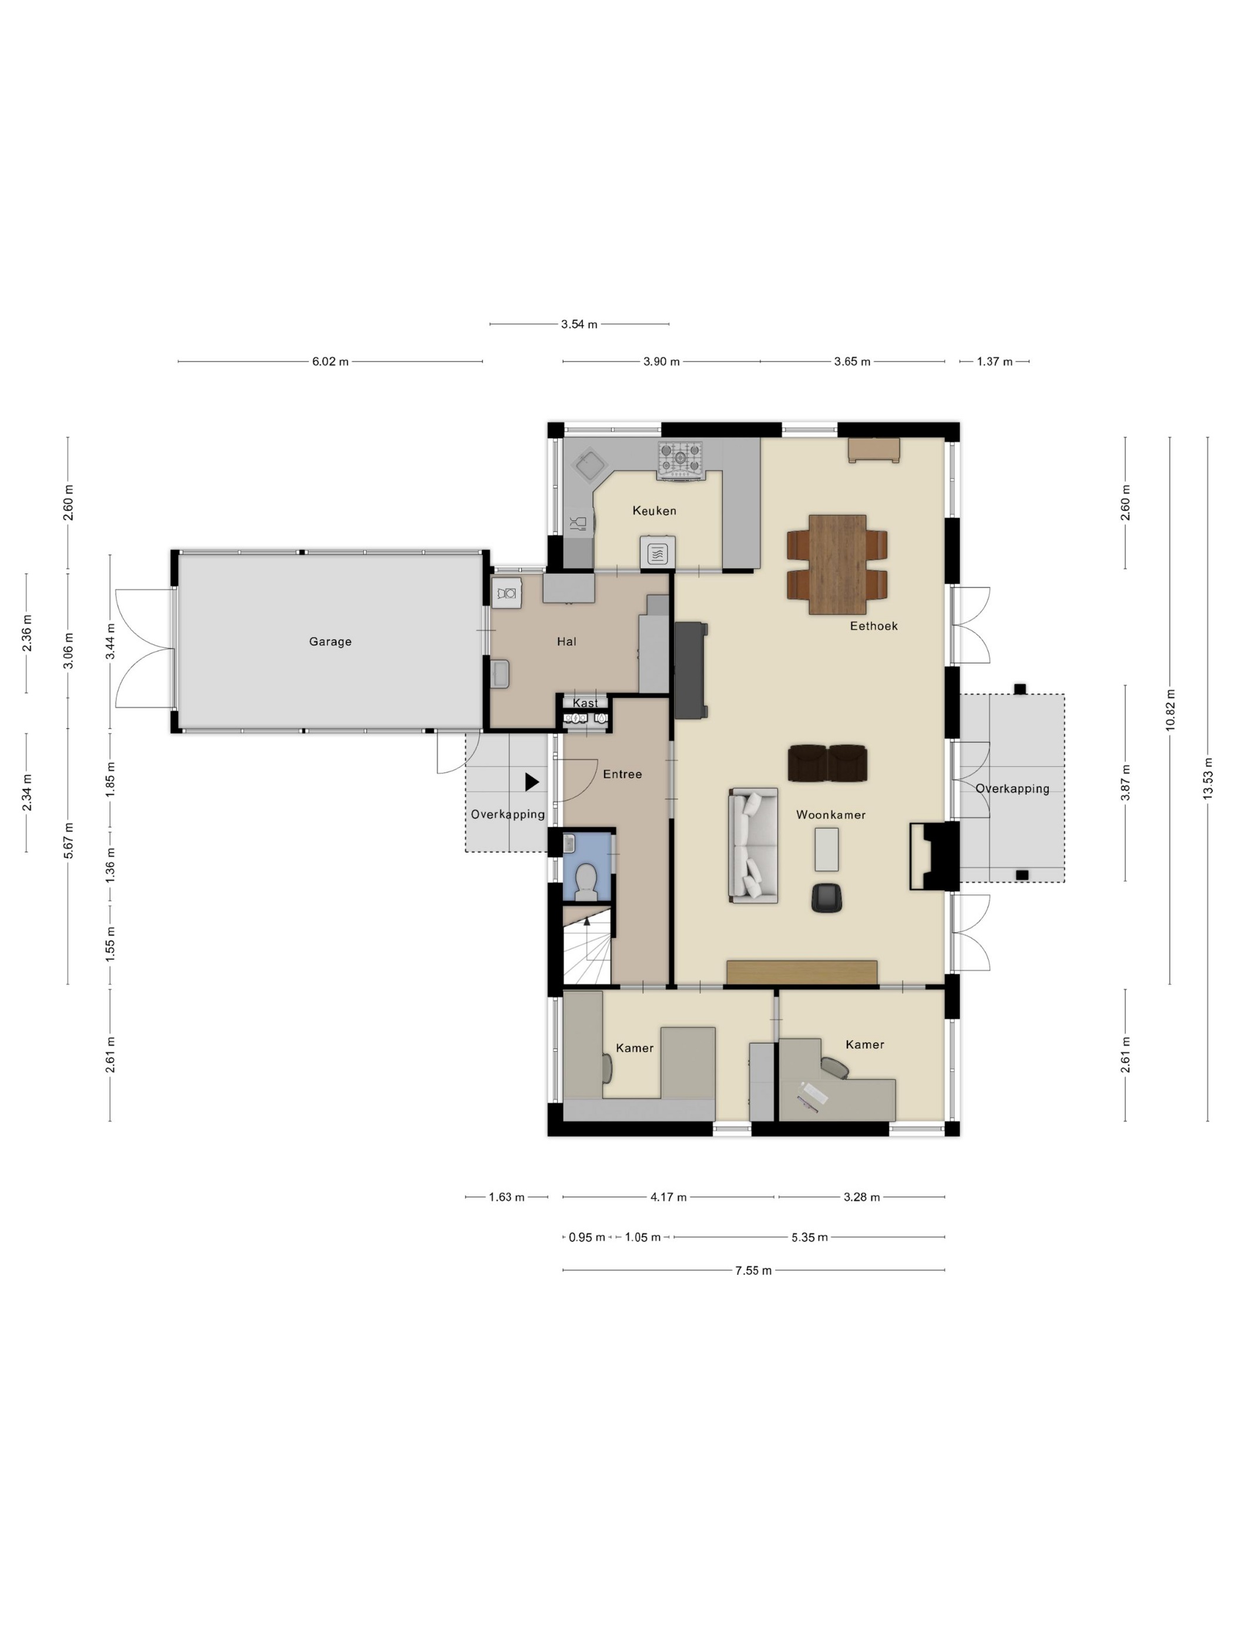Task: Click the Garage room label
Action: tap(330, 642)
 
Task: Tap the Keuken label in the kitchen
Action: tap(655, 511)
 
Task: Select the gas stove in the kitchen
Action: tap(679, 461)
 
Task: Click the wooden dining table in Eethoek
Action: tap(837, 565)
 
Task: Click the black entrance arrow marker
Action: tap(532, 781)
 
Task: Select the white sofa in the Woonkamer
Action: tap(753, 845)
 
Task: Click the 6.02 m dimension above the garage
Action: tap(330, 362)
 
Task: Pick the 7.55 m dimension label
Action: tap(753, 1271)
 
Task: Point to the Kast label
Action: tap(585, 703)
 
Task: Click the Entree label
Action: tap(622, 774)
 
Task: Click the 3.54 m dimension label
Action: tap(579, 324)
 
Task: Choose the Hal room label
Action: tap(567, 642)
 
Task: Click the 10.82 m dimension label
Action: tap(1170, 711)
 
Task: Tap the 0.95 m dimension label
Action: tap(587, 1237)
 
